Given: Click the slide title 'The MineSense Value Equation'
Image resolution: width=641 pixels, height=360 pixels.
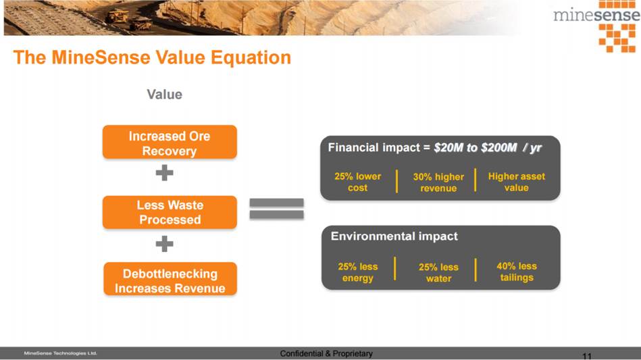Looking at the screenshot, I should (152, 57).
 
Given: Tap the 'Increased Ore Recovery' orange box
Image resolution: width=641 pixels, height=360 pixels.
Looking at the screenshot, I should (170, 143).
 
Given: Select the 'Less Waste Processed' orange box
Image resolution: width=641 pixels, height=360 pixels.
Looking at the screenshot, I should (170, 212).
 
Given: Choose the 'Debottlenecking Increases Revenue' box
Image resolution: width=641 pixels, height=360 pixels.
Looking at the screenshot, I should (170, 280).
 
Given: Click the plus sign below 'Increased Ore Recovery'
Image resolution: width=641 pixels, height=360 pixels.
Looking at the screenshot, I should (164, 174).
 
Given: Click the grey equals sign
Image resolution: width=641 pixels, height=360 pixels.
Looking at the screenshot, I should (276, 209).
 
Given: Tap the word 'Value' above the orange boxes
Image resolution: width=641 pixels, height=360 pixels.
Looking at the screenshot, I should (164, 95).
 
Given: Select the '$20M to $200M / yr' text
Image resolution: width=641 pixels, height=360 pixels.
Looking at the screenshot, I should (487, 147).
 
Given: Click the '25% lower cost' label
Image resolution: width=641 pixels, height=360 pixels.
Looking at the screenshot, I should (357, 182).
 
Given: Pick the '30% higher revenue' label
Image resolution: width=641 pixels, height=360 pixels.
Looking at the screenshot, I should (438, 182).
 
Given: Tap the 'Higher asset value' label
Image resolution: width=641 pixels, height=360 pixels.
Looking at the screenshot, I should (516, 182).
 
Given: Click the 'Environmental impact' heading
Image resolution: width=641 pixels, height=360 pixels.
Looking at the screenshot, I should (394, 236).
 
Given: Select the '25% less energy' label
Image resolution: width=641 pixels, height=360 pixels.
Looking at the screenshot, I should (357, 272).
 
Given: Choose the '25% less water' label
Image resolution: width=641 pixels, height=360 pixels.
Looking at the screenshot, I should (438, 273).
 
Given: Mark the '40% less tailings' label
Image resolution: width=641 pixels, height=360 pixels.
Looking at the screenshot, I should (516, 272).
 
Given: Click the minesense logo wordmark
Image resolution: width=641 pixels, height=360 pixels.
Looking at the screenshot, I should (596, 15).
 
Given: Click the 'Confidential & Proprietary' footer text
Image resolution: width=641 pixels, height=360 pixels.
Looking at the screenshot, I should (326, 353).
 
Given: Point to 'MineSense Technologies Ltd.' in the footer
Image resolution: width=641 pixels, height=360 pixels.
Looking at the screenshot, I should (61, 353).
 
